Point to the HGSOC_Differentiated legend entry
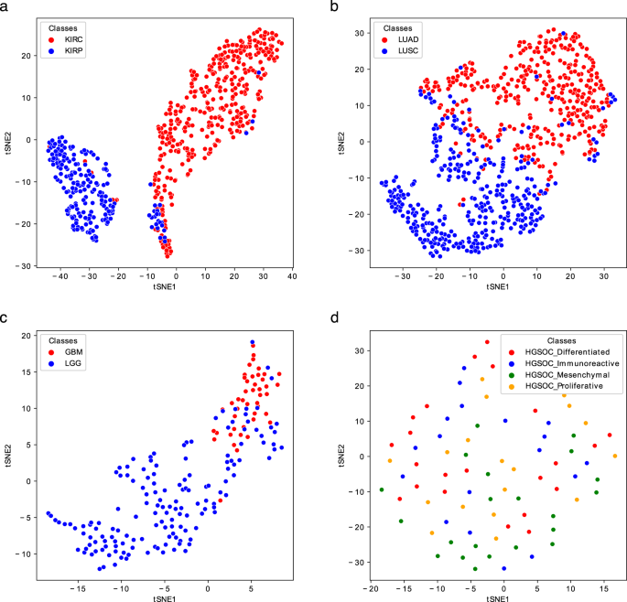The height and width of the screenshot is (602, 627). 556,351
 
